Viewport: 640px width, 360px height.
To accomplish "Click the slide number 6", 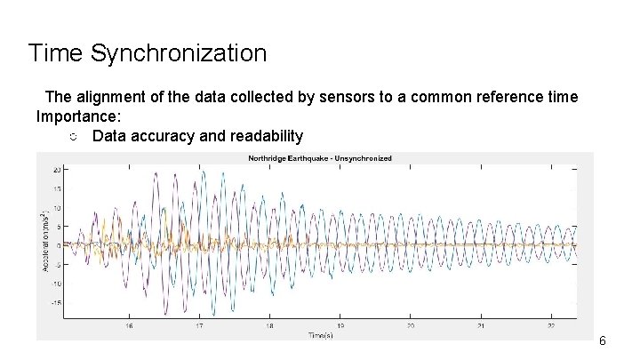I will click(603, 340).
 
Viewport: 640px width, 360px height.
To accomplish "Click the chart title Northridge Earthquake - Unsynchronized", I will click(319, 158).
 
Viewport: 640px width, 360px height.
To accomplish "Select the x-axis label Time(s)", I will click(321, 335).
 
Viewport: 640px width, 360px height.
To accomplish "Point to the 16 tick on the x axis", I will click(129, 325).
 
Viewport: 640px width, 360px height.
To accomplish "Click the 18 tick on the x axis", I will click(269, 325).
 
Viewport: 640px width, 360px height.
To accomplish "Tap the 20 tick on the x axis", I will click(409, 325).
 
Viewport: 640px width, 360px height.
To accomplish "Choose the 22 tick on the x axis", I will click(549, 325).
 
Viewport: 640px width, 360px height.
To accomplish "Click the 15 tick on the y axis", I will click(56, 188).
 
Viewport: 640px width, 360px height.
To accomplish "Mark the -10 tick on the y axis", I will click(55, 284).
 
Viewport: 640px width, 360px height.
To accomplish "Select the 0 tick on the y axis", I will click(58, 245).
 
